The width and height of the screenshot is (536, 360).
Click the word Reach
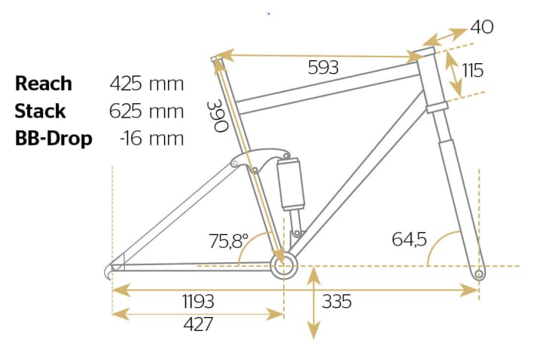pos(43,83)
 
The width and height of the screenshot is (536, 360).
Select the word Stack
pos(40,111)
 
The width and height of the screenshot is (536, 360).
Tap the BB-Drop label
pos(53,139)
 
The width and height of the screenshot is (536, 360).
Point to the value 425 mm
pos(147,83)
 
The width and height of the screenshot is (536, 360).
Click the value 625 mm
pos(147,111)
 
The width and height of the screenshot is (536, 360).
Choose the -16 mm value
pos(151,139)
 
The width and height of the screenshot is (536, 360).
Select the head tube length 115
pos(472,71)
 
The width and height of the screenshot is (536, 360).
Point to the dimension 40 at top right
pos(482,27)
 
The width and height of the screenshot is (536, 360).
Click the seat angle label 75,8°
pos(229,242)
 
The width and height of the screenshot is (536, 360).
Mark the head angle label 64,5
pos(409,240)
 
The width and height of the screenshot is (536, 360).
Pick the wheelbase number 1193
pos(198,301)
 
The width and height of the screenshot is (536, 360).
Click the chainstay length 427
pos(198,325)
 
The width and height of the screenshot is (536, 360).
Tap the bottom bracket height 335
pos(337,302)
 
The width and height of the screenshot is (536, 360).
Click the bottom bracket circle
pos(284,266)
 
